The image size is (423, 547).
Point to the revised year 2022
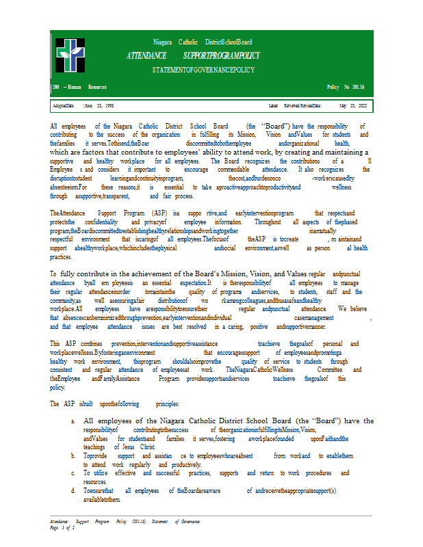tap(361, 106)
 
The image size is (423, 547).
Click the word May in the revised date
tap(343, 106)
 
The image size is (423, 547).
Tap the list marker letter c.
tap(73, 473)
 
